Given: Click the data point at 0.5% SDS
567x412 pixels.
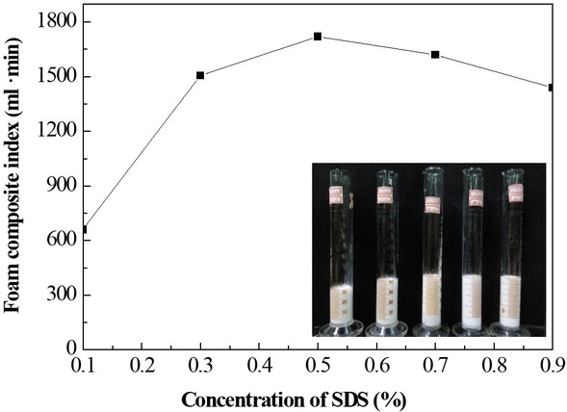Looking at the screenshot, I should point(318,37).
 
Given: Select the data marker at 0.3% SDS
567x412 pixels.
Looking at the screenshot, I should point(200,75).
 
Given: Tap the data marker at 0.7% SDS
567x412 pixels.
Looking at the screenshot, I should point(435,55).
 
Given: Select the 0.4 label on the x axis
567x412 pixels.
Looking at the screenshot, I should point(259,367).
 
